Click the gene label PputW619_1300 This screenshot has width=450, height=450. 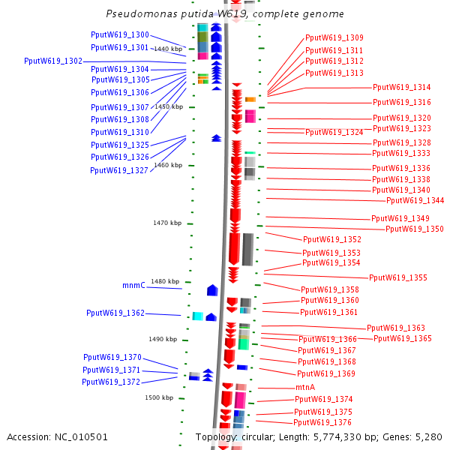pyautogui.click(x=120, y=34)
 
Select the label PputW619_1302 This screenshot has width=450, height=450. pyautogui.click(x=53, y=61)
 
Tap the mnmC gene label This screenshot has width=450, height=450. pyautogui.click(x=133, y=285)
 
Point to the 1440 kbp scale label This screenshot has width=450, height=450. pyautogui.click(x=168, y=49)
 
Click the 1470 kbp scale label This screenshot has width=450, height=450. pyautogui.click(x=167, y=223)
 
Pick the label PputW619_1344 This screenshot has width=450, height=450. pyautogui.click(x=415, y=200)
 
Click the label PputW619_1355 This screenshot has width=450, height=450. pyautogui.click(x=398, y=277)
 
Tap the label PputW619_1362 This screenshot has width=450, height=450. pyautogui.click(x=115, y=313)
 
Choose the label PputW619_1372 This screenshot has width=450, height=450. pyautogui.click(x=112, y=382)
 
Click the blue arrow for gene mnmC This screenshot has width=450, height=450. pyautogui.click(x=212, y=289)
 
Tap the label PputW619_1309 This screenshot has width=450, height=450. pyautogui.click(x=334, y=37)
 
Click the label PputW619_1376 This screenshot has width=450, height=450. pyautogui.click(x=323, y=422)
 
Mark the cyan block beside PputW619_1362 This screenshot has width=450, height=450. pyautogui.click(x=198, y=316)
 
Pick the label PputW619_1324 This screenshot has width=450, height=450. pyautogui.click(x=334, y=132)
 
